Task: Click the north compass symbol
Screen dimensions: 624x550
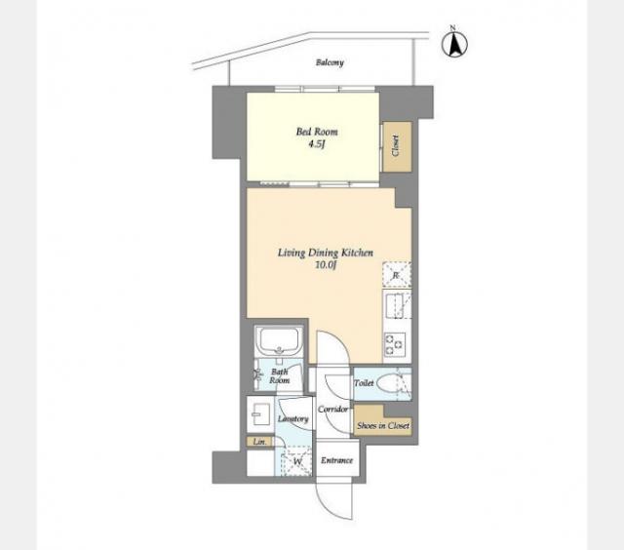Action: point(454,43)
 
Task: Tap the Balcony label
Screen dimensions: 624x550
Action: point(330,62)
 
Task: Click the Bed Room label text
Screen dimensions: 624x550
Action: point(317,132)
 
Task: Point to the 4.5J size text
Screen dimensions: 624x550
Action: point(317,144)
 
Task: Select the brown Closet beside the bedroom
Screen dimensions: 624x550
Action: point(396,146)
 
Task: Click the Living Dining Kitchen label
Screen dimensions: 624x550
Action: point(325,253)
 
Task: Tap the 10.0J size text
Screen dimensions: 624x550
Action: point(326,265)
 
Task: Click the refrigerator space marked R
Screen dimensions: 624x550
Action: point(397,275)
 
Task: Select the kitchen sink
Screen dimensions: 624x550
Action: point(397,305)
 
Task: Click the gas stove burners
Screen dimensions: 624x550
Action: point(394,344)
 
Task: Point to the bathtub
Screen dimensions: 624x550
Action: point(278,341)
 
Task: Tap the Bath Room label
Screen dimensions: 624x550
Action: point(280,376)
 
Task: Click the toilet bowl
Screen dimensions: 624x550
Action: point(387,384)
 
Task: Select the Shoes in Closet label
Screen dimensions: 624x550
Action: point(383,425)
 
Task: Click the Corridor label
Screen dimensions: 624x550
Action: point(332,410)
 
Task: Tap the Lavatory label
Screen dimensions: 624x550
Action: point(292,418)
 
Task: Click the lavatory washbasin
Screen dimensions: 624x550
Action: point(261,413)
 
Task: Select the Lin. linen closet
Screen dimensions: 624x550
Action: point(259,442)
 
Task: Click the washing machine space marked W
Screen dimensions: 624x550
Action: point(296,461)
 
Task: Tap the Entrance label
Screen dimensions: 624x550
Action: point(336,460)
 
